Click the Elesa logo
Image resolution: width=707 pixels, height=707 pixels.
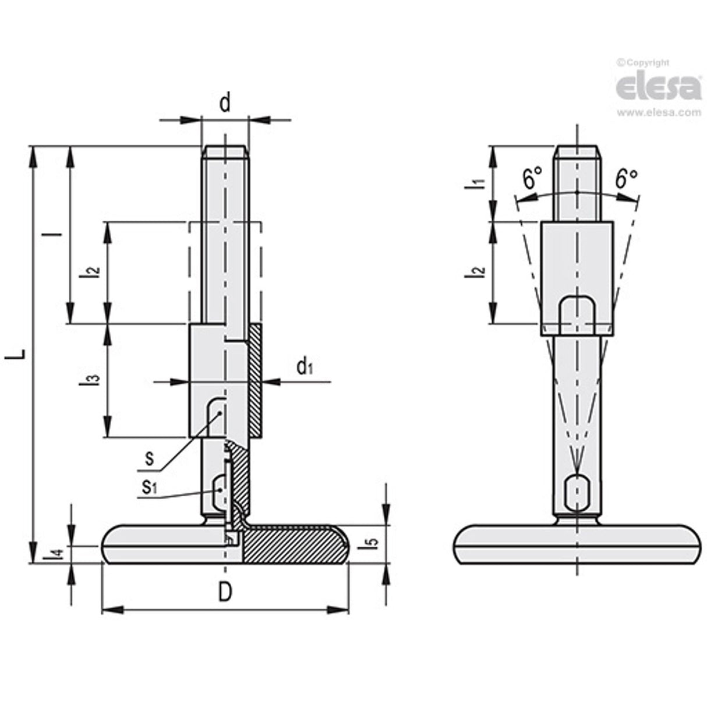pos(658,87)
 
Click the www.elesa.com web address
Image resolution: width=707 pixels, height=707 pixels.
pos(659,113)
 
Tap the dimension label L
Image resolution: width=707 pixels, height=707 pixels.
pos(19,354)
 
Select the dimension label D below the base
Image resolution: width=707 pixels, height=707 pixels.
pos(225,592)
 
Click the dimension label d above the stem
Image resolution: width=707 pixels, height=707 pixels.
pos(225,103)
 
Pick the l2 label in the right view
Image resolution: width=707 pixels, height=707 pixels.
pos(478,271)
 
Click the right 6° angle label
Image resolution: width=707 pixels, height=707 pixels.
pos(626,178)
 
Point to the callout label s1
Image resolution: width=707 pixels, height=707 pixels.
pos(150,487)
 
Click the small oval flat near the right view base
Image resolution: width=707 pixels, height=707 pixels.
pos(577,493)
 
